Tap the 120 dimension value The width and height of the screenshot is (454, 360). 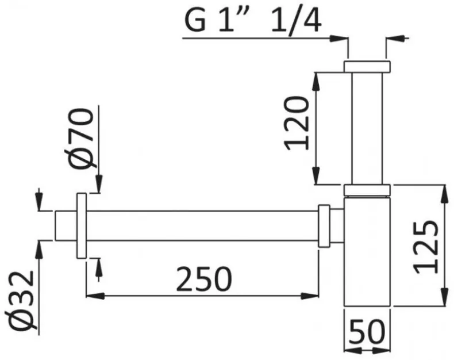coord(297,124)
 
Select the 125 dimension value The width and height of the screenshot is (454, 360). coord(425,247)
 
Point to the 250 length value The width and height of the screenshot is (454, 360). coord(204,279)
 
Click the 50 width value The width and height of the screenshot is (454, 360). coord(367,331)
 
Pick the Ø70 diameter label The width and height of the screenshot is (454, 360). coord(81,138)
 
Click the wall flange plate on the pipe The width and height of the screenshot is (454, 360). coord(82,225)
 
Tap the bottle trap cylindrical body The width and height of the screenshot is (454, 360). coord(367,251)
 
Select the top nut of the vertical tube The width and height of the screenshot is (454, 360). coord(367,66)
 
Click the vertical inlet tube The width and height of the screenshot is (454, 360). coord(367,128)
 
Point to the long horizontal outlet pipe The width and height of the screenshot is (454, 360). coord(202,225)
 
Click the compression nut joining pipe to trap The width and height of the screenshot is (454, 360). coord(324,226)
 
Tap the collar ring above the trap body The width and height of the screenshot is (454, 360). coord(367,190)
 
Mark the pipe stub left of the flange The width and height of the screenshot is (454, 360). coord(66,225)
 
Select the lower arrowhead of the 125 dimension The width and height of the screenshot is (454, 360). coord(444,296)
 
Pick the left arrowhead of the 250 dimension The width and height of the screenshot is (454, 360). coord(95,296)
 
